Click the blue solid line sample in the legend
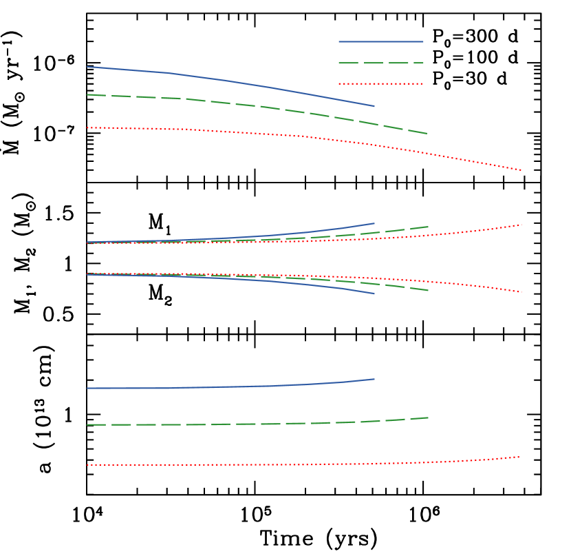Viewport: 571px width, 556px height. point(380,42)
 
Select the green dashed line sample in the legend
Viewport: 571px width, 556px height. point(380,63)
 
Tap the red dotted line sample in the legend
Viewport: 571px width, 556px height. point(380,84)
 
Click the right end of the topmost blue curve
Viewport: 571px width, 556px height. point(374,106)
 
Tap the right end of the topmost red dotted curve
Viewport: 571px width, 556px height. point(521,169)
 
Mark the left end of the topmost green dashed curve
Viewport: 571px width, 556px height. point(88,95)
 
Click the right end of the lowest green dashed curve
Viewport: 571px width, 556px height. point(428,418)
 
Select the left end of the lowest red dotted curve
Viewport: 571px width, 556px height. point(88,465)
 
